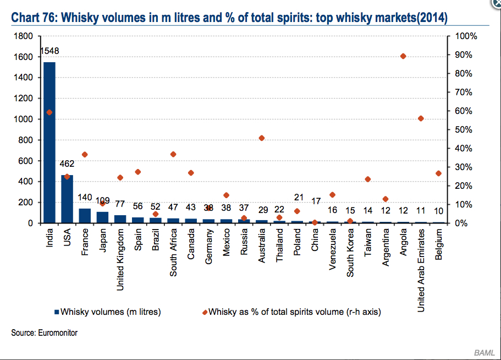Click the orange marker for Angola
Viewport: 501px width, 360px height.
(403, 56)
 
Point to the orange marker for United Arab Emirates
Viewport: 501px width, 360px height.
(421, 118)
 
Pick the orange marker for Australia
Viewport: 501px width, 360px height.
(262, 138)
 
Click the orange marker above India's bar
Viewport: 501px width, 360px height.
(49, 112)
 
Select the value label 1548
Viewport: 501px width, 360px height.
(49, 51)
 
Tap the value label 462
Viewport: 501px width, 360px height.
(67, 164)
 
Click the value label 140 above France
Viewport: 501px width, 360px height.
(85, 197)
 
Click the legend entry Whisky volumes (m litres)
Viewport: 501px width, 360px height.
(107, 312)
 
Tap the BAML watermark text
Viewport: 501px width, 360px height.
(484, 352)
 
